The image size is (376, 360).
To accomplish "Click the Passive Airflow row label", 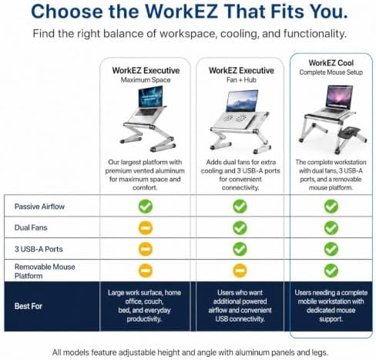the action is [x=39, y=207].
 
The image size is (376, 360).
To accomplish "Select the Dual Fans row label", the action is [x=31, y=227].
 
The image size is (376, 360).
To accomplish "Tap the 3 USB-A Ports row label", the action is [x=39, y=249].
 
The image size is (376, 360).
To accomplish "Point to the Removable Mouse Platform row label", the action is [x=45, y=271].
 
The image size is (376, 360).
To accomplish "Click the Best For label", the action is [x=29, y=306].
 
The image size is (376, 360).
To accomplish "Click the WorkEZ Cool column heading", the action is [x=331, y=63].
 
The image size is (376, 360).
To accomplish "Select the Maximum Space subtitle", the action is [x=146, y=80].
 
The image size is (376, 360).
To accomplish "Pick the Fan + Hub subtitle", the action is [x=241, y=80].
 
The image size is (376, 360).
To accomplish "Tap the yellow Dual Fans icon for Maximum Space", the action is [x=146, y=228].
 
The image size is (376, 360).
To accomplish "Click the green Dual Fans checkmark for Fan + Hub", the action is [x=240, y=228].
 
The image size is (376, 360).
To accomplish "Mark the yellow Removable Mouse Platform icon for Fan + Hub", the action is [x=240, y=271].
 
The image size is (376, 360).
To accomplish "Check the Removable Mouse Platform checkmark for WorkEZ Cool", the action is [x=331, y=271].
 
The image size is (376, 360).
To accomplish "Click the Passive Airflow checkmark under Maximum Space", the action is [x=146, y=207].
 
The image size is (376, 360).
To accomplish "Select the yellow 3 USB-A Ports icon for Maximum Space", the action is [x=146, y=249].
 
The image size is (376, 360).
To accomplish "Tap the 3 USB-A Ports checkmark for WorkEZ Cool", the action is [x=331, y=249].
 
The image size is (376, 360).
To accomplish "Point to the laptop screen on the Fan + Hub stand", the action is [x=242, y=100].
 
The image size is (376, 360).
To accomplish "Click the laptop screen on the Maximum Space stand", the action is [x=151, y=96].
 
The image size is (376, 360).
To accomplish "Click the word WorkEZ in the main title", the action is [x=182, y=12].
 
